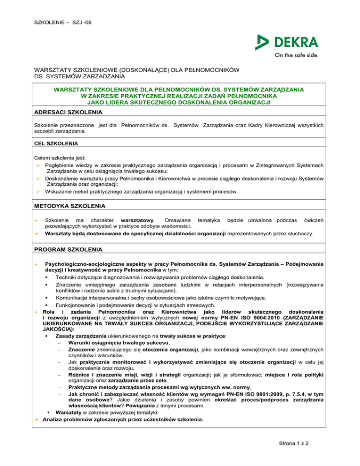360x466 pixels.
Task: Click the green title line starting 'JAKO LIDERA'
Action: coord(180,102)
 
